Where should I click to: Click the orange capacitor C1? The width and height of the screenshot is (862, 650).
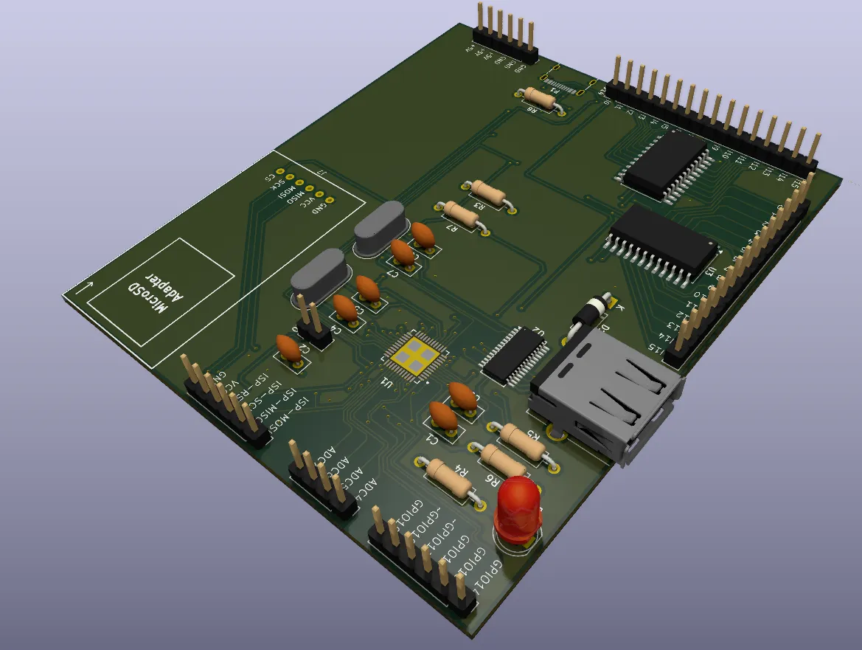tap(445, 417)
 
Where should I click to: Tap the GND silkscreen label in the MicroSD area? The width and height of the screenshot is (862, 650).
tap(318, 207)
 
